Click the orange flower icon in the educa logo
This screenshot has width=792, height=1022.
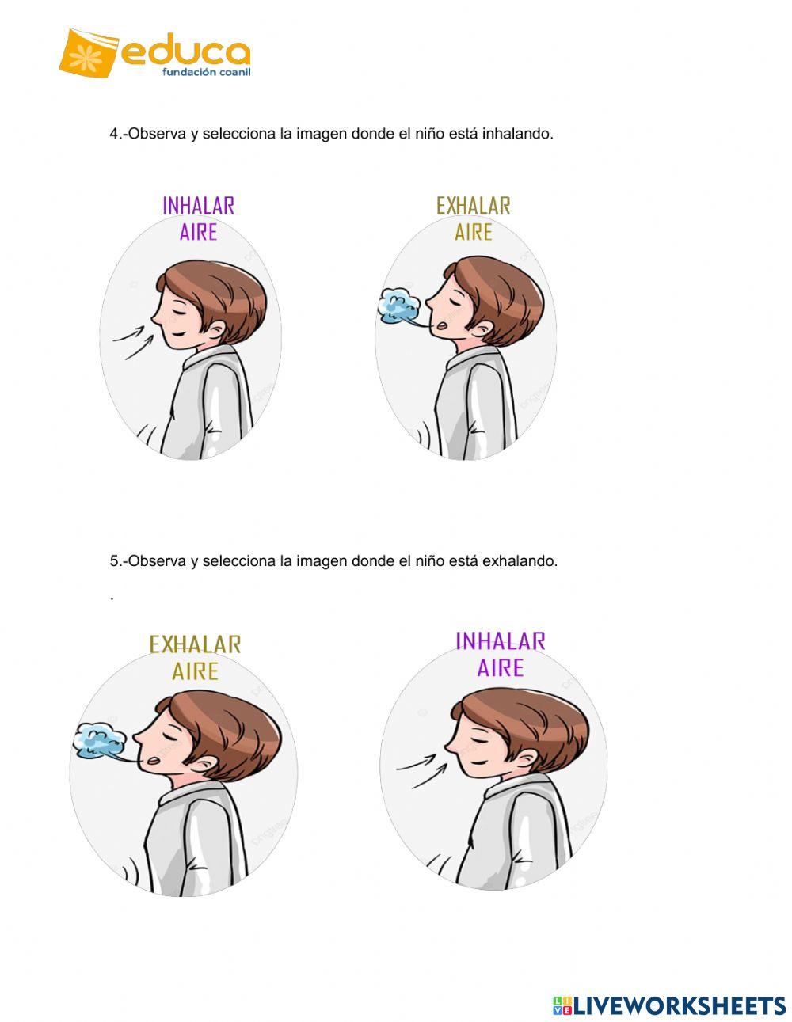[86, 53]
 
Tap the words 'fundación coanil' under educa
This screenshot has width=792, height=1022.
[206, 72]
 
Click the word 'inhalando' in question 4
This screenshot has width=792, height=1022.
[517, 134]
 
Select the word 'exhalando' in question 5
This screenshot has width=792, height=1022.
[520, 561]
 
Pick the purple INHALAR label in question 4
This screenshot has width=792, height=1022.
[198, 206]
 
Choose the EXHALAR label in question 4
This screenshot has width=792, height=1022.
[473, 206]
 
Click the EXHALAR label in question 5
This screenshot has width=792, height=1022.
[195, 644]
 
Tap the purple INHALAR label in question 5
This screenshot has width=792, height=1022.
[500, 641]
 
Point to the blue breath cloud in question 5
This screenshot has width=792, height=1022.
[99, 741]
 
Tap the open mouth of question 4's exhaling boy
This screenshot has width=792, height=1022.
[446, 323]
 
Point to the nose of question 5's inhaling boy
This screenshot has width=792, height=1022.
[449, 747]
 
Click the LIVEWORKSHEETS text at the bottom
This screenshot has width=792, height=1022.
[680, 1005]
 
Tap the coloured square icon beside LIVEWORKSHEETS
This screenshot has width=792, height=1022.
[562, 1005]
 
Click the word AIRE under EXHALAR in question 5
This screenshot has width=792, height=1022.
[195, 671]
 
